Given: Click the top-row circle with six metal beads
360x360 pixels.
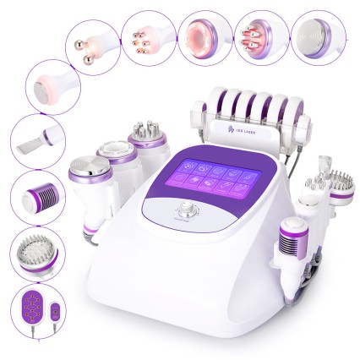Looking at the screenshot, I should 145,36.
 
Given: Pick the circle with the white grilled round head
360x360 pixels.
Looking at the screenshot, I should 318,34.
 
